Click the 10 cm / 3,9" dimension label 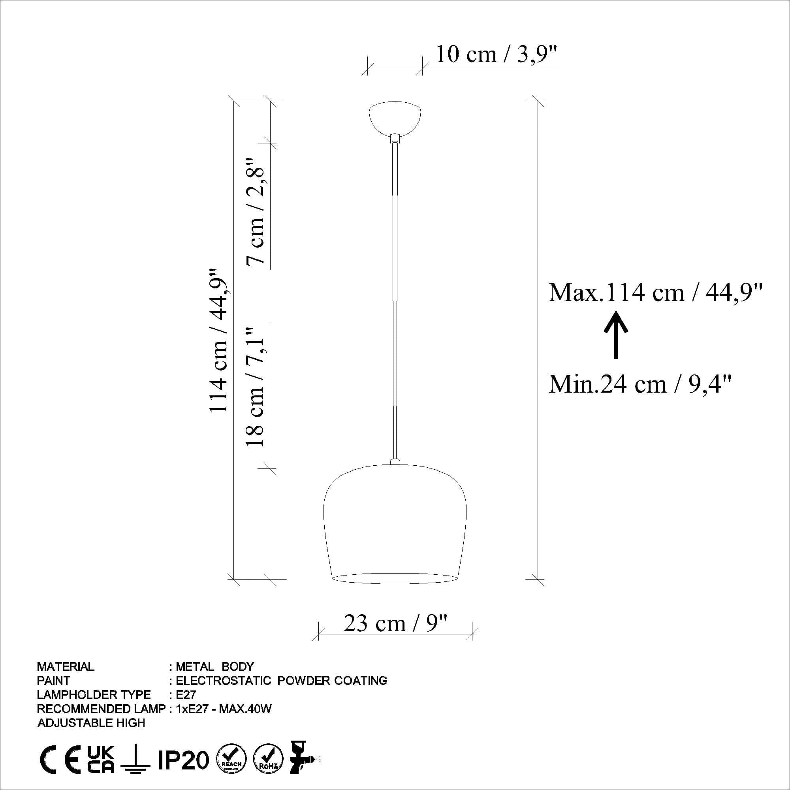click(x=497, y=54)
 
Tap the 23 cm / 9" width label click(x=396, y=624)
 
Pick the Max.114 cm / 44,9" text click(x=655, y=293)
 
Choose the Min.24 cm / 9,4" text click(x=640, y=384)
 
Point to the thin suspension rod click(x=395, y=303)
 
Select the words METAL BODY click(x=214, y=667)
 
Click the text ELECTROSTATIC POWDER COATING click(x=281, y=681)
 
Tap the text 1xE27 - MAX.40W click(x=224, y=709)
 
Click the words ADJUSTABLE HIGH click(x=91, y=723)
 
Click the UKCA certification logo click(x=101, y=759)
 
